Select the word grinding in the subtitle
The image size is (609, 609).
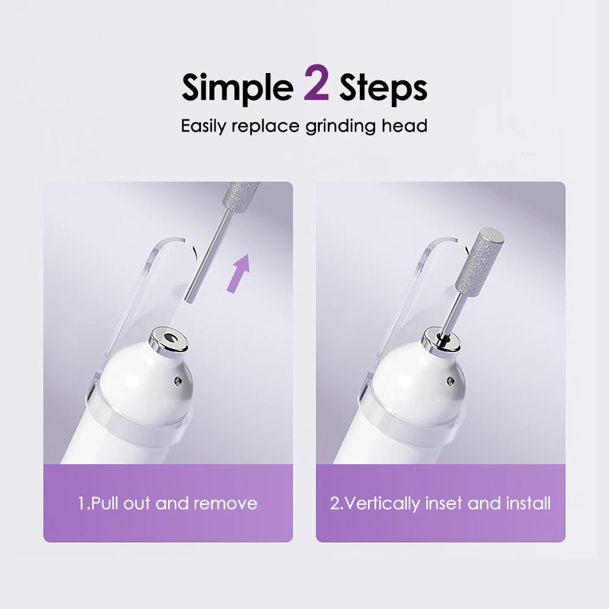340,127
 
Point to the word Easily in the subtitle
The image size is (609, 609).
203,127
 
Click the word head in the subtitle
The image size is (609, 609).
404,126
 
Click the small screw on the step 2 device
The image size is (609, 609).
450,381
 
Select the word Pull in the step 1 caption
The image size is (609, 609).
105,504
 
